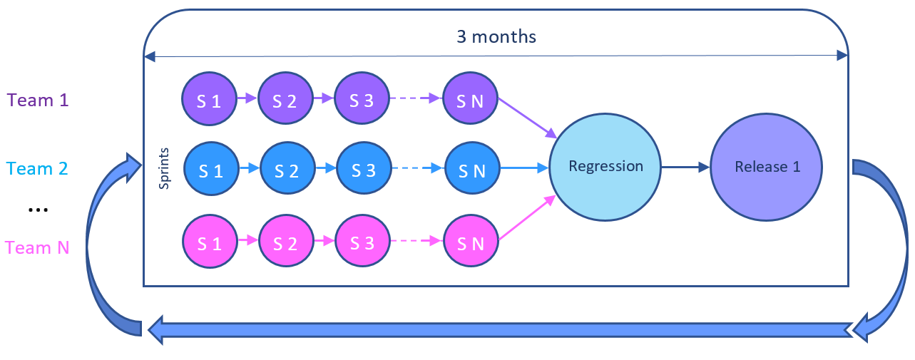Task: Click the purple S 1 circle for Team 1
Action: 209,100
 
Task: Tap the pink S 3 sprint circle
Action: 362,243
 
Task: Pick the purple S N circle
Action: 471,100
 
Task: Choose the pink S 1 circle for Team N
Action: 210,243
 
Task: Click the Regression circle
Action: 605,167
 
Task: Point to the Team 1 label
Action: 38,101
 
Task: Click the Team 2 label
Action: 37,169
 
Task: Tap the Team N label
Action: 37,248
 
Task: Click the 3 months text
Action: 496,36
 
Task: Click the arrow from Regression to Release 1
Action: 685,168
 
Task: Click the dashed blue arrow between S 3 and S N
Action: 417,170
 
